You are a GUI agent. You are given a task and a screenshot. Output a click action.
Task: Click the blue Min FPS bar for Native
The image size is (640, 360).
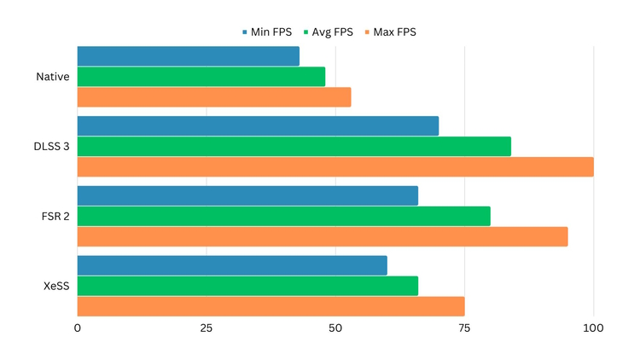(188, 56)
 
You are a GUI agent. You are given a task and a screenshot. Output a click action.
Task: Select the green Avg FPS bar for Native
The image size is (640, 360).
(201, 77)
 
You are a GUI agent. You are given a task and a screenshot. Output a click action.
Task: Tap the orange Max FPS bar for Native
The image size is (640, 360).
(213, 97)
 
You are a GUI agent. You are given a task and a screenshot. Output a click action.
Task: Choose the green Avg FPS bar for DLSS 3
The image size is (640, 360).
(294, 147)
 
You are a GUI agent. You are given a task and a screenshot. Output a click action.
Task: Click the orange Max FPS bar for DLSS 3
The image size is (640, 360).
(335, 167)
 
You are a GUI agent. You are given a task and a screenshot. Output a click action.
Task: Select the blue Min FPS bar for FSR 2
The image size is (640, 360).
(247, 195)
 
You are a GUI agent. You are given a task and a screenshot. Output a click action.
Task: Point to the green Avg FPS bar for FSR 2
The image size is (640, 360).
(283, 216)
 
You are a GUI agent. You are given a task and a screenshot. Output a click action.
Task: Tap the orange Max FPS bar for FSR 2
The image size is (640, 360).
(322, 236)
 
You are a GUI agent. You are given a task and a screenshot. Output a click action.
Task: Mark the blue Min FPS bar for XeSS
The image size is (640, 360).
(232, 265)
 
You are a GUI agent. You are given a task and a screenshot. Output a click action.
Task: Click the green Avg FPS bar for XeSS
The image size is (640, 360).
(247, 286)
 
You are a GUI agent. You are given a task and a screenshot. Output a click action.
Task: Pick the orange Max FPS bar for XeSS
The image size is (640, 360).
(271, 306)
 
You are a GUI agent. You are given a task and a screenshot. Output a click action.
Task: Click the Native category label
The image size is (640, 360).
(53, 77)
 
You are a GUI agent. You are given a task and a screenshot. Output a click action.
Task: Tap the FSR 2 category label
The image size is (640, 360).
(55, 216)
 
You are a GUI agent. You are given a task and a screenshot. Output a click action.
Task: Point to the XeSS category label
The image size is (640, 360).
(56, 286)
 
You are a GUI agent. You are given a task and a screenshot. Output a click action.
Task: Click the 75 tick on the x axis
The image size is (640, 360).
(464, 328)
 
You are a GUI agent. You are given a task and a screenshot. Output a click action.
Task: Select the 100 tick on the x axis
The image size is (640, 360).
(593, 328)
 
